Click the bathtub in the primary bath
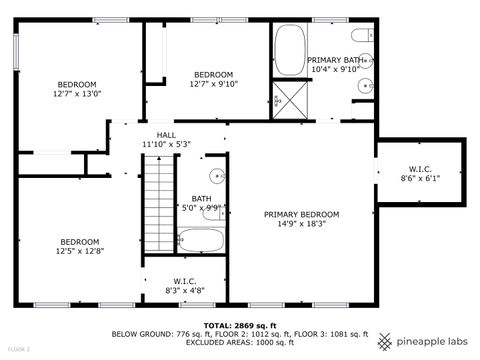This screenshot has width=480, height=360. (290, 51)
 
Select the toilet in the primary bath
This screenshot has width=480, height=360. (366, 35)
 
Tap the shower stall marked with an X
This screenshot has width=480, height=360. (290, 99)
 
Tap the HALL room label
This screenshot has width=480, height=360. (166, 135)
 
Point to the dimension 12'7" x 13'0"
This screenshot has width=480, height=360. (76, 94)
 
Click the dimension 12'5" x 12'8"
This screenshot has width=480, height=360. (79, 251)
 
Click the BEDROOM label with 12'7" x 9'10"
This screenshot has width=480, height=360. (213, 75)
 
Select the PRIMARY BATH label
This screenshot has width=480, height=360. (336, 60)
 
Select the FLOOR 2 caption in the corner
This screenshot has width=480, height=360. (18, 350)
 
